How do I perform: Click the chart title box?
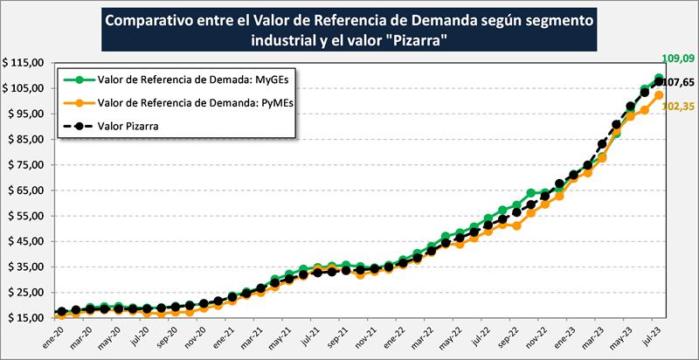[x=350, y=31]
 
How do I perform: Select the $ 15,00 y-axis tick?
[x=26, y=317]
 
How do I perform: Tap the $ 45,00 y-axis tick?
[x=26, y=241]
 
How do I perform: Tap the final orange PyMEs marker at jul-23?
[x=659, y=95]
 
